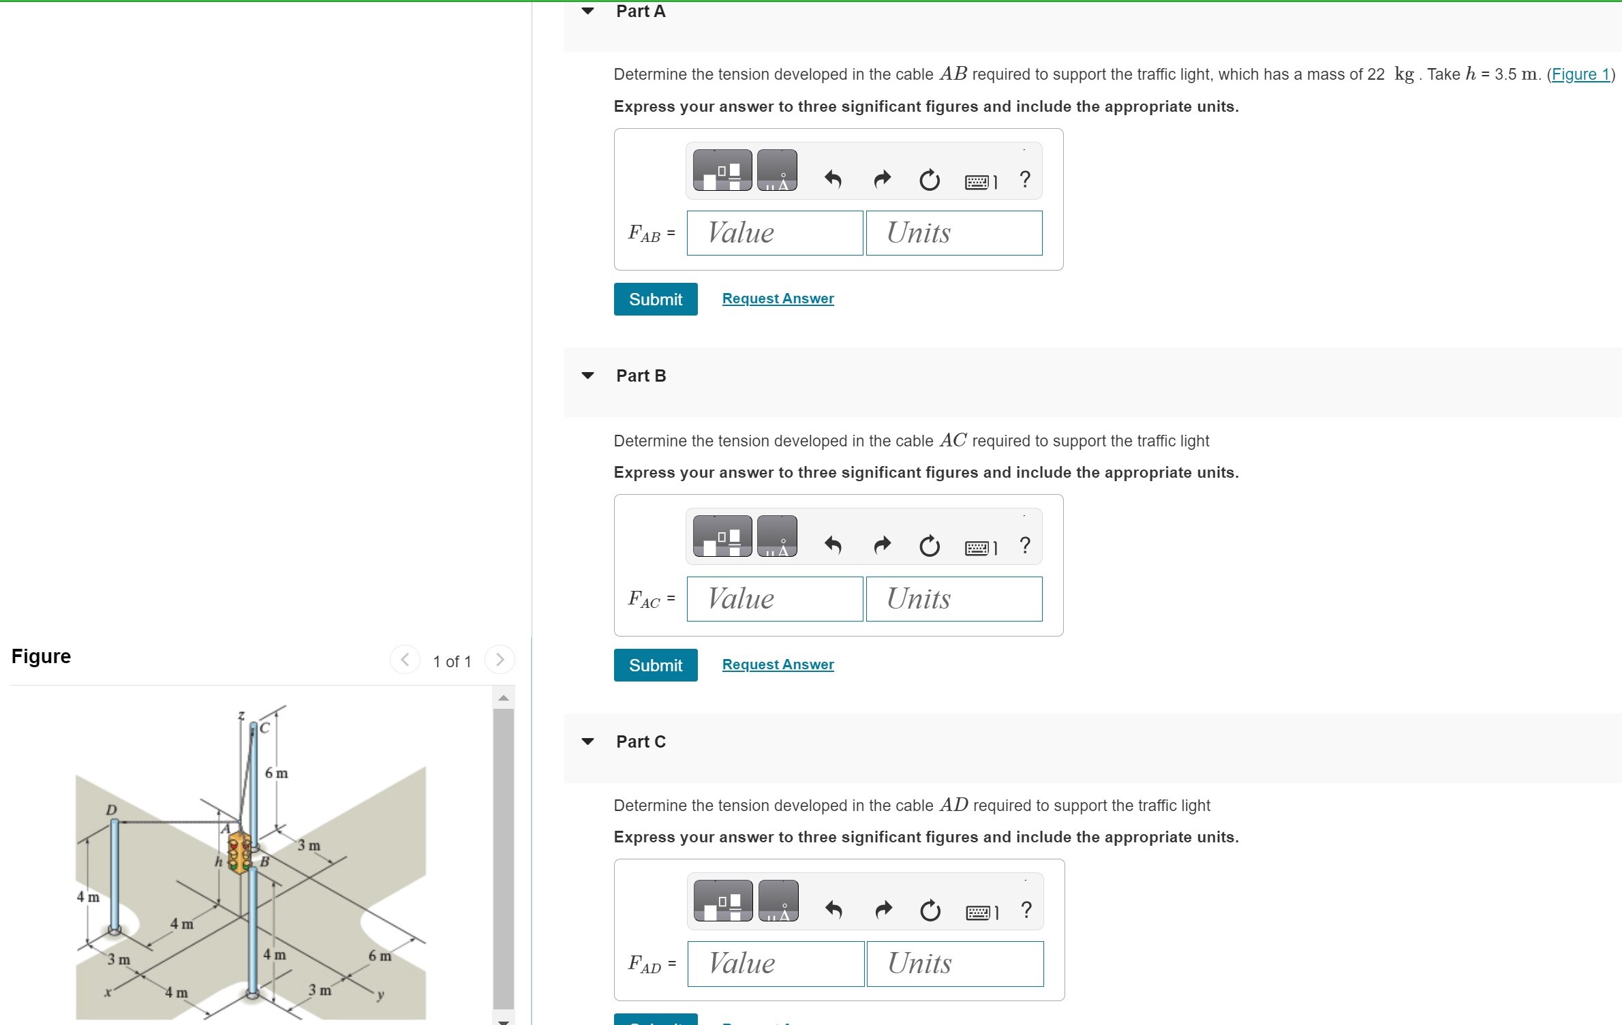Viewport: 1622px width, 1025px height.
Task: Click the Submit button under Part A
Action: click(655, 299)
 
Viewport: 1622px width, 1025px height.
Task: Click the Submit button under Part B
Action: click(655, 665)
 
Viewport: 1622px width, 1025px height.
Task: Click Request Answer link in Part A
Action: click(778, 299)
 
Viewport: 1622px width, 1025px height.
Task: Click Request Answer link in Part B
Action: click(778, 664)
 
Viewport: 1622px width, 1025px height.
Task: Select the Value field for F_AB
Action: click(774, 233)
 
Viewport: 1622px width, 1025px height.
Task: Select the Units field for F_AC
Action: click(953, 599)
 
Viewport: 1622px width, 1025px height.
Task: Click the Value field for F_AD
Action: click(776, 964)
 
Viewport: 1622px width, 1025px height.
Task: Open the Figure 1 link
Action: click(1580, 74)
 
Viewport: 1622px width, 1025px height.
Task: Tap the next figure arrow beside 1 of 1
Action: click(500, 660)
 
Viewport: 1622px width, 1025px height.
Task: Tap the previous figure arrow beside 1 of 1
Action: click(405, 660)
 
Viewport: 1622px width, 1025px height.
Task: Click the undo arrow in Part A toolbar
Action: click(833, 179)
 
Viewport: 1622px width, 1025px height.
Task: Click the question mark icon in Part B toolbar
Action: click(1024, 545)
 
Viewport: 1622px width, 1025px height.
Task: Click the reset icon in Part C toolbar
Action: click(930, 911)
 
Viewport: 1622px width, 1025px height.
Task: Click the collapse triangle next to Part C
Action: click(587, 741)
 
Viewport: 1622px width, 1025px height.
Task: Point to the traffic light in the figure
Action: click(239, 852)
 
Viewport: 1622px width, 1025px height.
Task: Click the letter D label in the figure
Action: click(111, 810)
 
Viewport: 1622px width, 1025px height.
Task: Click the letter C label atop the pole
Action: click(264, 728)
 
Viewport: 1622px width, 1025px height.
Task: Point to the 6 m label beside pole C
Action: click(277, 774)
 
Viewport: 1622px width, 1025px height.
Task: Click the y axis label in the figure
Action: click(381, 995)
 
